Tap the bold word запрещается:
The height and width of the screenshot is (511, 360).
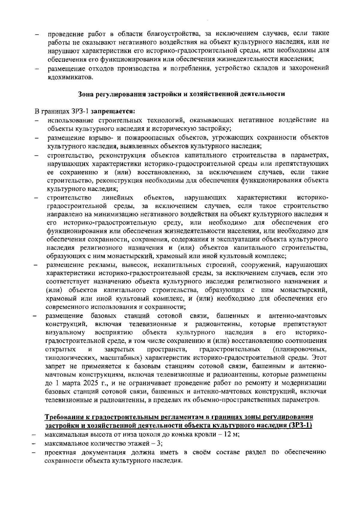tap(113, 112)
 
